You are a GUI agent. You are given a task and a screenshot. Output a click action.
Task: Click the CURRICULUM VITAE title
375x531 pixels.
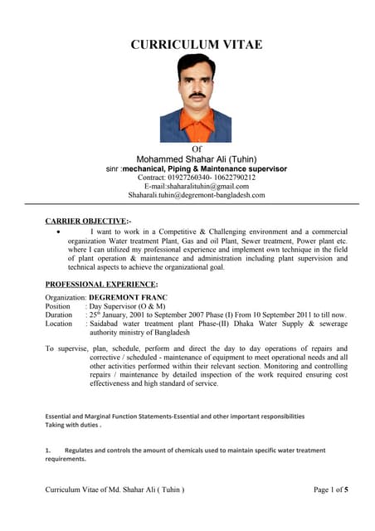point(196,44)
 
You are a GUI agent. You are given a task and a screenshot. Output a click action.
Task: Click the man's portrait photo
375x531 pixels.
point(196,98)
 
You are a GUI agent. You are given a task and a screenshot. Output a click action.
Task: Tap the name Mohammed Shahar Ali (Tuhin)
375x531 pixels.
point(196,158)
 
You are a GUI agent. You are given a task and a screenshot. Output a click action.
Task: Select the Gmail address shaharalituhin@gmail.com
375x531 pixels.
point(196,187)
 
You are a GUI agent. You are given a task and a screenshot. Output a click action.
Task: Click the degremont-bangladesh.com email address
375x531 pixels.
point(196,196)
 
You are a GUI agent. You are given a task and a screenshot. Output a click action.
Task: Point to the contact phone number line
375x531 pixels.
point(196,178)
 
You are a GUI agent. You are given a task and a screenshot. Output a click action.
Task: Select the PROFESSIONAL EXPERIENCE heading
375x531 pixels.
point(101,284)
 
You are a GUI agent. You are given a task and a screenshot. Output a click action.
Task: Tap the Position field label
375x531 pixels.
point(58,306)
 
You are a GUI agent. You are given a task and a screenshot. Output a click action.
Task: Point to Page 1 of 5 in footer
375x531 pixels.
point(331,490)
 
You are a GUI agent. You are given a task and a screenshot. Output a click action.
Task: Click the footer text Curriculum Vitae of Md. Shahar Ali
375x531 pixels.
point(114,490)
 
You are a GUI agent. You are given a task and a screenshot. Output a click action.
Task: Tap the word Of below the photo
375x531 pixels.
point(197,149)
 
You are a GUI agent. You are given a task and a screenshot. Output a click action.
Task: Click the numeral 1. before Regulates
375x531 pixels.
point(48,451)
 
